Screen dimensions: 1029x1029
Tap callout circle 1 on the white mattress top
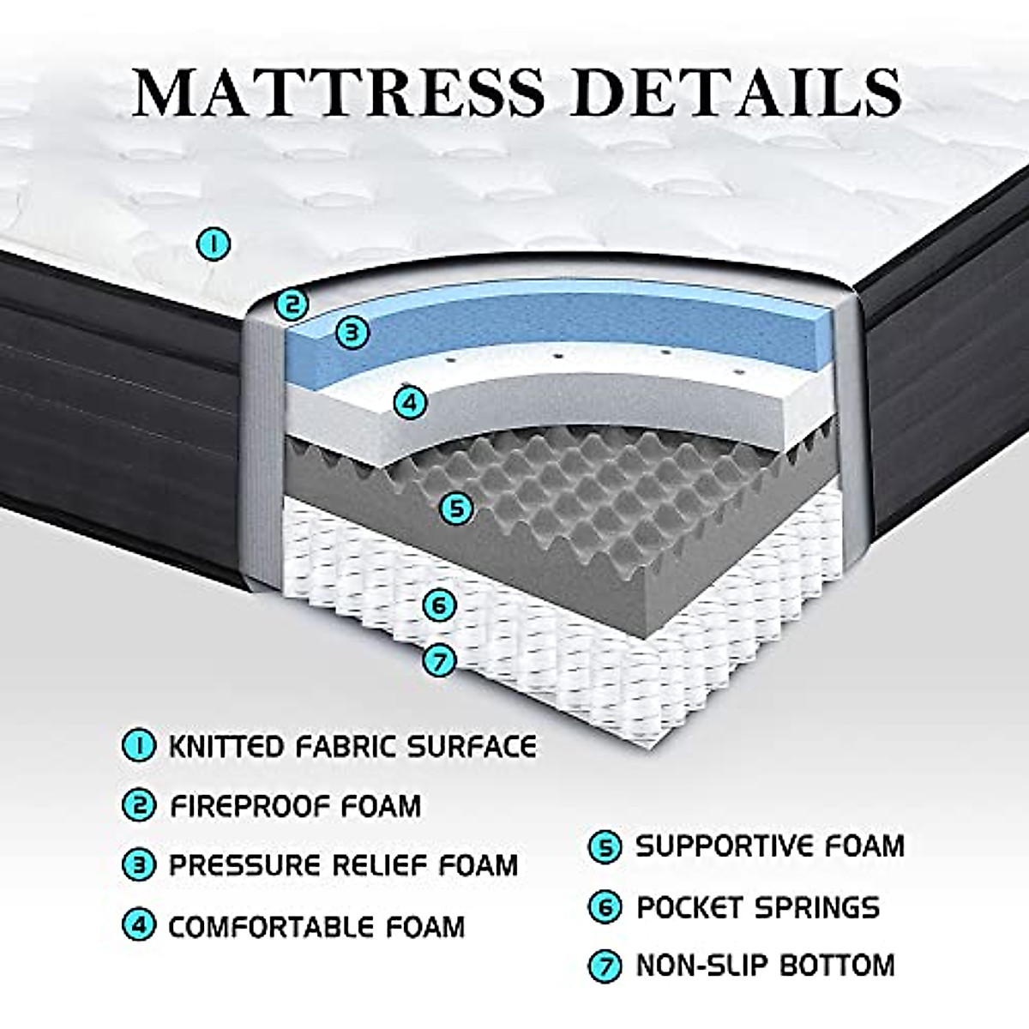(x=214, y=245)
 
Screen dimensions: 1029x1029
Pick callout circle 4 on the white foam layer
(x=410, y=400)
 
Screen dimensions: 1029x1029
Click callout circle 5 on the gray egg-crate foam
(x=456, y=508)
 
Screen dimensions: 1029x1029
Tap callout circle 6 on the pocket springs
(x=439, y=605)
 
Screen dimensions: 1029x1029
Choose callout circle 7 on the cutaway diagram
(x=439, y=660)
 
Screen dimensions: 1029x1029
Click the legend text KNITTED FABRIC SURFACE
(x=352, y=746)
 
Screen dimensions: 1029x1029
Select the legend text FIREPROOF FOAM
(x=295, y=806)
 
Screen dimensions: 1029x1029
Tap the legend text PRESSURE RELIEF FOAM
(x=343, y=864)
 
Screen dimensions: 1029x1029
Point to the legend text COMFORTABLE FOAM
(x=316, y=926)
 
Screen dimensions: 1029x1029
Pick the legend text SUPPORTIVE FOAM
(x=769, y=847)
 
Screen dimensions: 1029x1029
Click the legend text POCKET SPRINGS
(x=757, y=907)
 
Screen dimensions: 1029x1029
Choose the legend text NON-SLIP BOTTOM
(x=765, y=966)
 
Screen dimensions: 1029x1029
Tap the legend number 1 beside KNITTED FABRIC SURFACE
(x=139, y=746)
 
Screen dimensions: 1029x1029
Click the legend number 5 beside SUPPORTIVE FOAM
(x=605, y=848)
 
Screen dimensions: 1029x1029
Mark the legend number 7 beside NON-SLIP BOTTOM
(x=605, y=966)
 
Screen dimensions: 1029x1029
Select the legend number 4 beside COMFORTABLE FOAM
(x=139, y=926)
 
